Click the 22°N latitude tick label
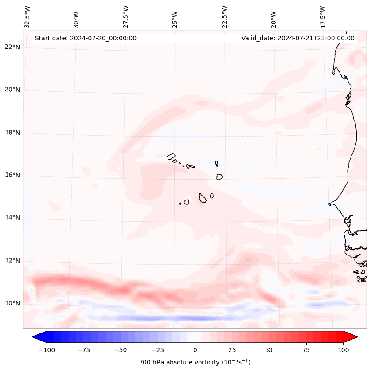tap(12, 47)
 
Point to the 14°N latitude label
tap(12, 218)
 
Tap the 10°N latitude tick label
tap(12, 304)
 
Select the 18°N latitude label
tap(12, 133)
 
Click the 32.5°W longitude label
tap(27, 16)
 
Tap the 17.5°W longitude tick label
tap(323, 16)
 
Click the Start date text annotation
tap(86, 38)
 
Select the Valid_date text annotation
tap(298, 38)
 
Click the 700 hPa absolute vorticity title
tap(195, 362)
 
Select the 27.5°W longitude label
tap(126, 16)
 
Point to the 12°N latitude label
tap(12, 261)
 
